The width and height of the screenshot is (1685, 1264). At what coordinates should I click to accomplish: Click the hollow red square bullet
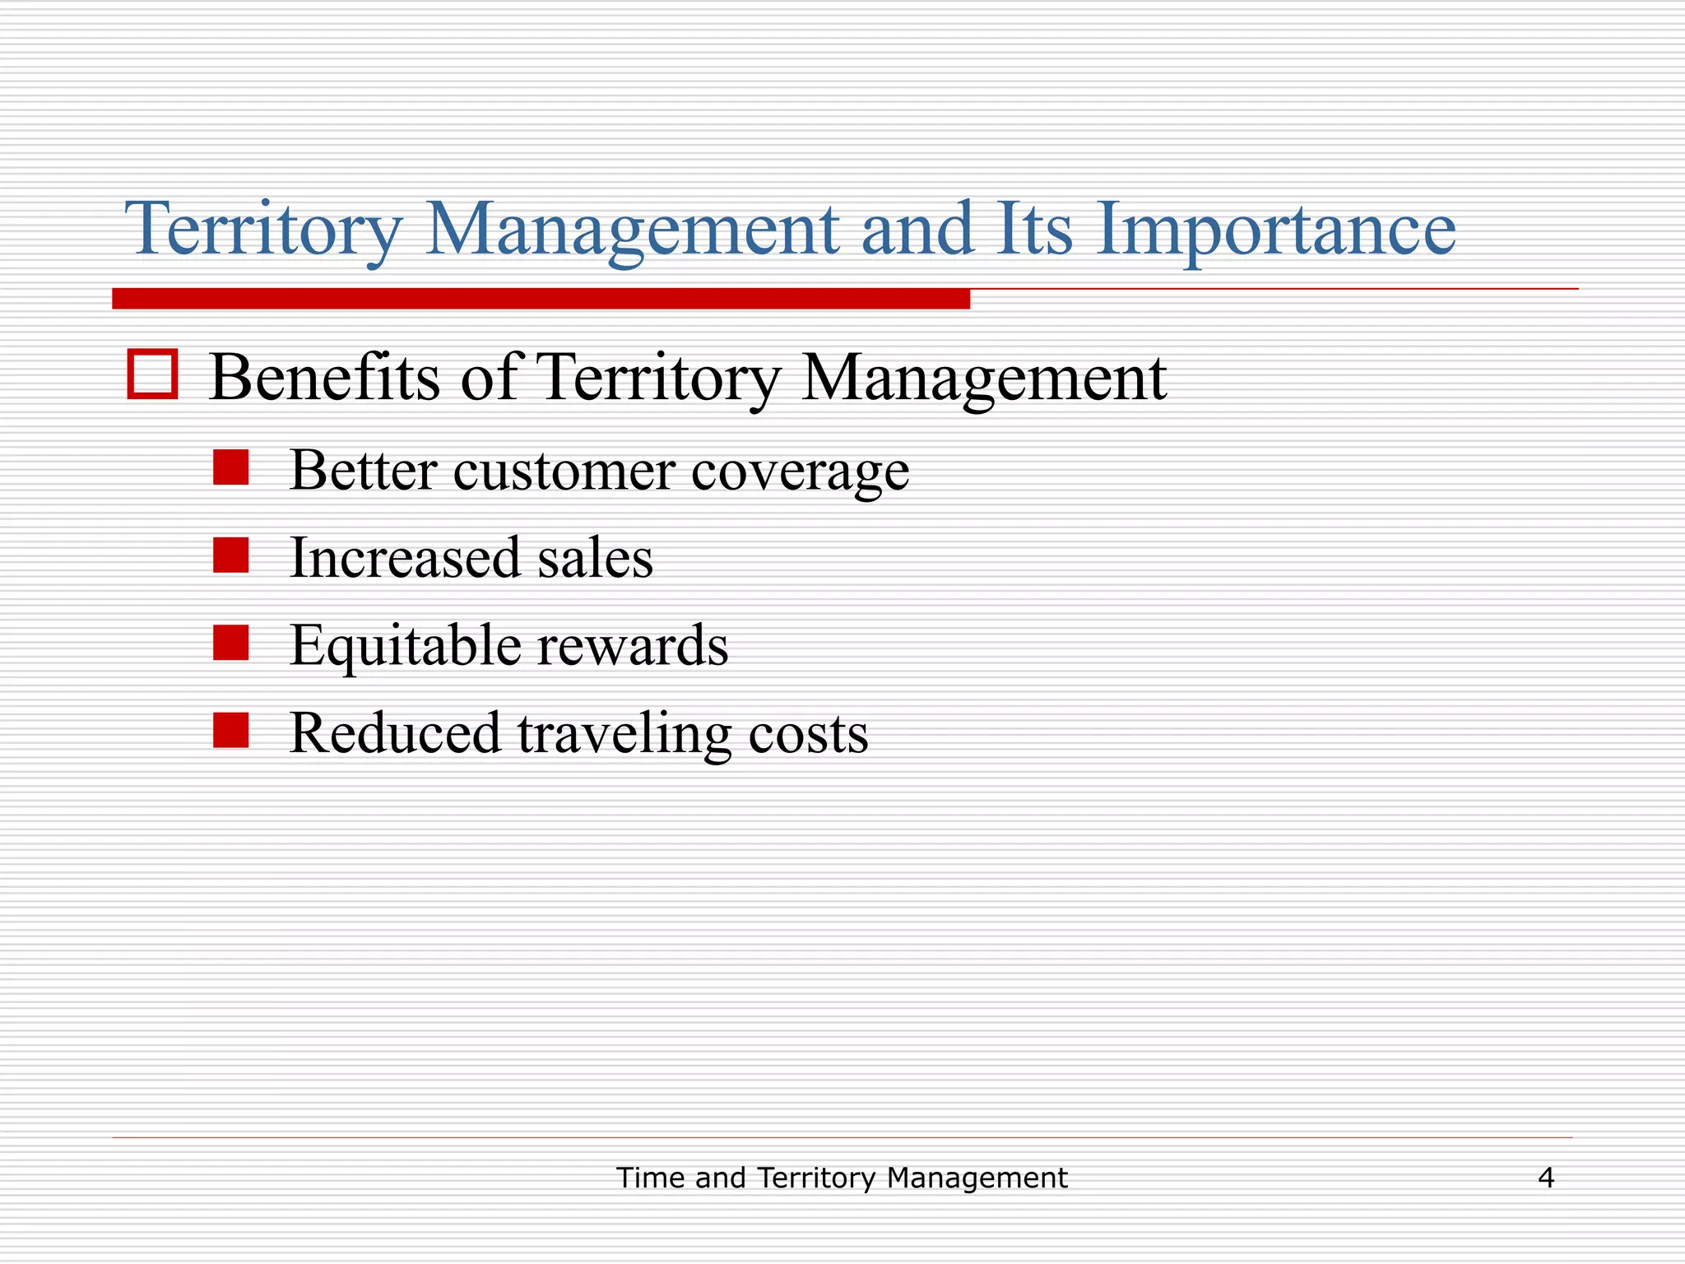point(153,375)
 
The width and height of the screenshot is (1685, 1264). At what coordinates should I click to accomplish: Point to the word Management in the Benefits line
point(983,379)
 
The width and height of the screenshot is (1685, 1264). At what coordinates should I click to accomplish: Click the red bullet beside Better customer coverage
point(230,467)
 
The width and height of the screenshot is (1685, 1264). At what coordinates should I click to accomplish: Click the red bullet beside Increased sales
point(230,555)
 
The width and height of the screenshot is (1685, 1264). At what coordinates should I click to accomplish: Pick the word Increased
point(405,558)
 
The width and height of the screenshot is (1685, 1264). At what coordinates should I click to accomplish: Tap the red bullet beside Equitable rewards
point(230,643)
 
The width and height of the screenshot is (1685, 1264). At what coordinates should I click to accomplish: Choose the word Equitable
point(405,646)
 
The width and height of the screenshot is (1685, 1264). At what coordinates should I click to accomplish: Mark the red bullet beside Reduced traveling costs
point(230,730)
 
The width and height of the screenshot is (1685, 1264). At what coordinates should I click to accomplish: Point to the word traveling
point(624,734)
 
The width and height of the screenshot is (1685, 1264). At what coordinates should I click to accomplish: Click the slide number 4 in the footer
point(1546,1178)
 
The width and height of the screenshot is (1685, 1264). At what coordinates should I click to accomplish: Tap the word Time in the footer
point(652,1178)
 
